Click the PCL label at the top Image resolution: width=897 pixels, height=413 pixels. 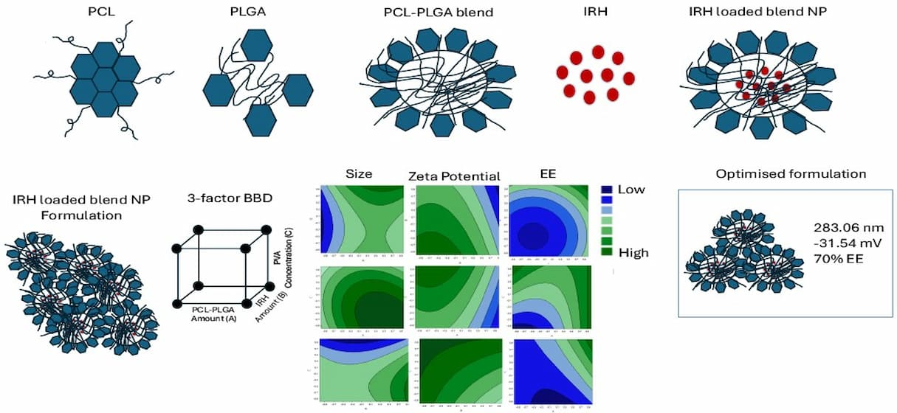click(101, 13)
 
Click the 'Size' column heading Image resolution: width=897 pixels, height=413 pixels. click(359, 174)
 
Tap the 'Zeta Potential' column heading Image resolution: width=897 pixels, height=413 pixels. click(454, 176)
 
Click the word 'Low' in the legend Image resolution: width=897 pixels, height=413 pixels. click(632, 190)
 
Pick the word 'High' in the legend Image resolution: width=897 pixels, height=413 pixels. click(633, 253)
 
